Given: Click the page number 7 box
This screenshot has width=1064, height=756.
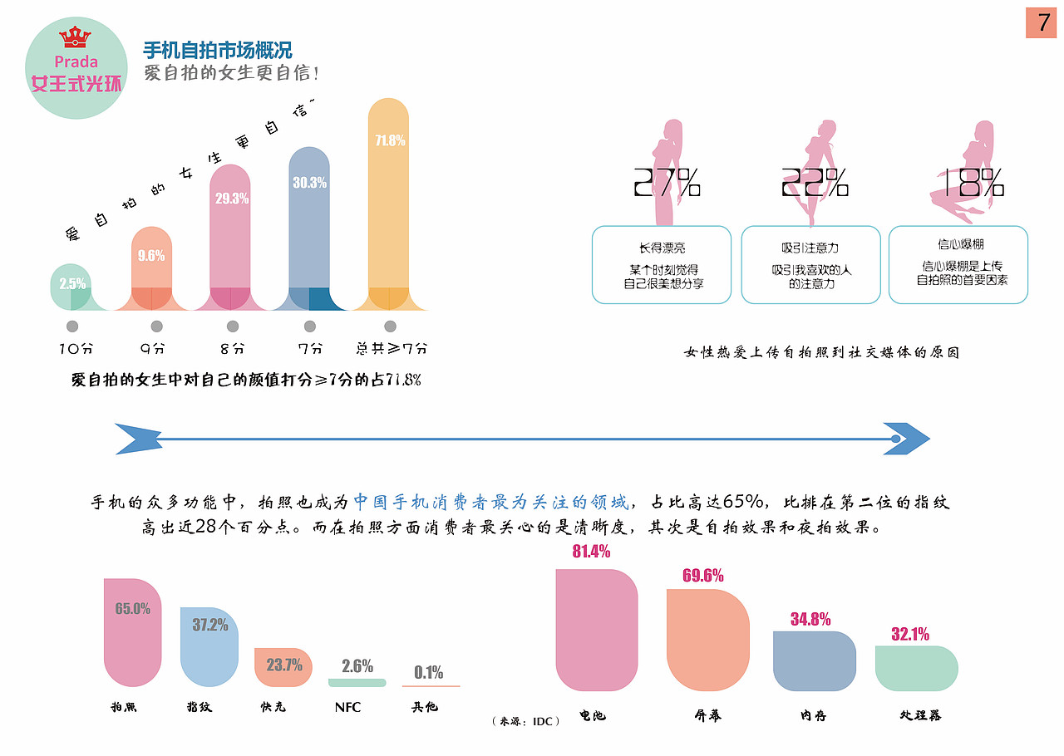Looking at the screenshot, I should click(x=1040, y=22).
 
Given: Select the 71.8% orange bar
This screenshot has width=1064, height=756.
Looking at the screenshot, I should click(x=388, y=208).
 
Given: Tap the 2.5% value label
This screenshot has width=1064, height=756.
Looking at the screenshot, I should click(x=72, y=283).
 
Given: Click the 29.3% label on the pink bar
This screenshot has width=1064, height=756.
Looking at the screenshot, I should click(x=232, y=199).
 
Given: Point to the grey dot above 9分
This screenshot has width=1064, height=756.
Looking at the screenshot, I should click(x=156, y=326).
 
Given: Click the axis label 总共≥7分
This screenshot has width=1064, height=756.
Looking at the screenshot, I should click(x=391, y=349).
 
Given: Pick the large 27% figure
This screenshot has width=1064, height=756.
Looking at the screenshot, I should click(x=666, y=183).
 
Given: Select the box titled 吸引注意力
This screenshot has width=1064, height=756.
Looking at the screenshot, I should click(x=810, y=265).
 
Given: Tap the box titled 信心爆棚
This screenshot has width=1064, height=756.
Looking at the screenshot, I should click(x=958, y=265).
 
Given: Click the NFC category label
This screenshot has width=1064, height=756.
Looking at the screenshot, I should click(x=348, y=708).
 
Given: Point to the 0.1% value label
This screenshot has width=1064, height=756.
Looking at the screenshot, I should click(x=429, y=673).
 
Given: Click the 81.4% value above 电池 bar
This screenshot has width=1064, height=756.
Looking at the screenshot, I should click(x=591, y=552).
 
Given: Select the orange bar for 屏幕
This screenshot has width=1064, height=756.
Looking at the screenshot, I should click(x=707, y=640).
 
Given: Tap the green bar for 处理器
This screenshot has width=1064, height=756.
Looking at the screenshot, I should click(x=916, y=668).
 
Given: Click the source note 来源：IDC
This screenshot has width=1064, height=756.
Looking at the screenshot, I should click(x=525, y=721).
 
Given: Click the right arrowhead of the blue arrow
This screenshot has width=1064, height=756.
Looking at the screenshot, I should click(x=910, y=439).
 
